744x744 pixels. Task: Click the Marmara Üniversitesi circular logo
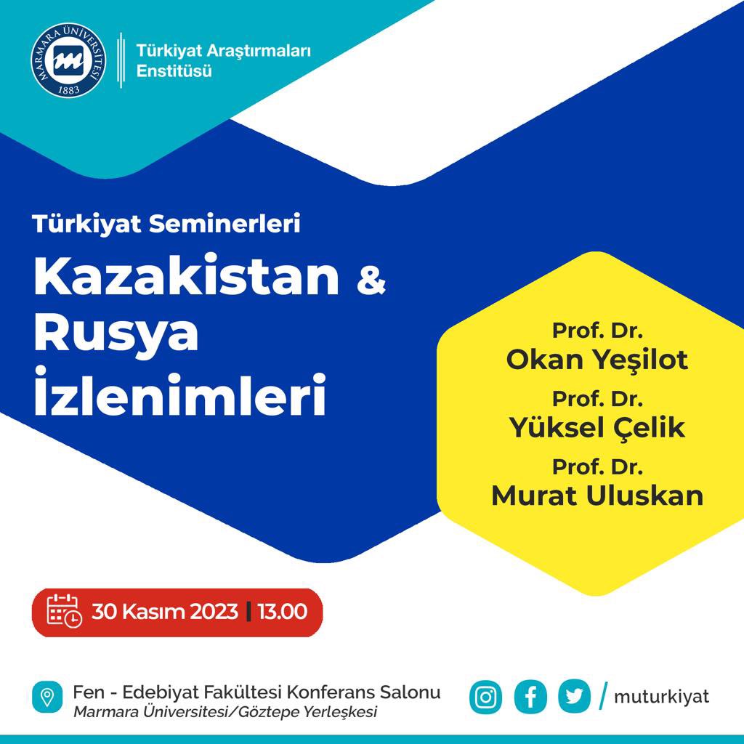[x=68, y=60]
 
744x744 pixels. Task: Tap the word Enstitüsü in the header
[x=174, y=71]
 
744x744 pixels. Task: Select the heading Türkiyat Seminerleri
[x=166, y=224]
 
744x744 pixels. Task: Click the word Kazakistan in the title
[x=187, y=276]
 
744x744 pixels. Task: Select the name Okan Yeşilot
[x=597, y=360]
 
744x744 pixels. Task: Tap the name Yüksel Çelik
[x=597, y=427]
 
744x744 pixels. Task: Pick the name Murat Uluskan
[x=597, y=496]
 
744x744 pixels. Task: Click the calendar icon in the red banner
[x=64, y=611]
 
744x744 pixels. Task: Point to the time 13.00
[x=283, y=612]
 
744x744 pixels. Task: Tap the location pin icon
[x=47, y=697]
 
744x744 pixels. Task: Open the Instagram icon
[x=485, y=697]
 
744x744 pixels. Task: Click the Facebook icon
[x=530, y=697]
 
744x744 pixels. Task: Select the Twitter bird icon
[x=574, y=697]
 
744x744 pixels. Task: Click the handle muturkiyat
[x=661, y=697]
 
